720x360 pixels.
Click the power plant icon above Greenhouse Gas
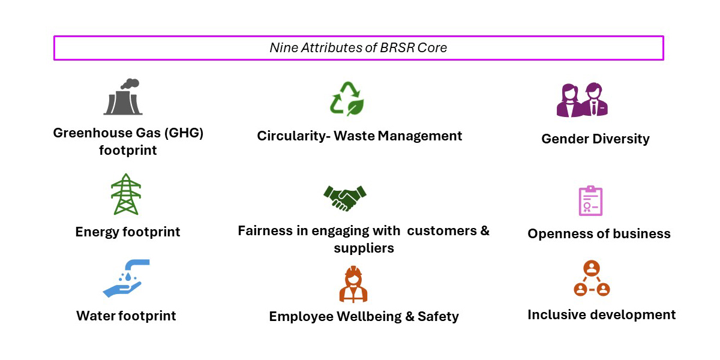point(123,98)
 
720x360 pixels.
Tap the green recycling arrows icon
point(347,98)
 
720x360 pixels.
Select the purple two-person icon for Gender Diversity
point(582,100)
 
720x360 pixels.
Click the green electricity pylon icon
point(126,194)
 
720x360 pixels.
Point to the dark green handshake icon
point(345,197)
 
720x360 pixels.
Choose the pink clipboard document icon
point(590,200)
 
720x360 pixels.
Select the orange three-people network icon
point(592,278)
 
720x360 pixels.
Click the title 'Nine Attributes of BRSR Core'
point(358,48)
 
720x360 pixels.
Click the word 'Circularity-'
point(293,136)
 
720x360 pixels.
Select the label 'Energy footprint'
point(128,232)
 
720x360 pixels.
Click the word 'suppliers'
point(364,248)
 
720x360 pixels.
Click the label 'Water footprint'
point(126,316)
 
